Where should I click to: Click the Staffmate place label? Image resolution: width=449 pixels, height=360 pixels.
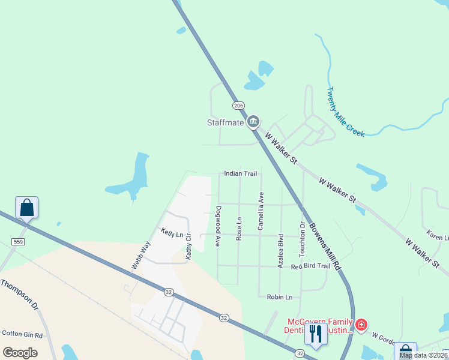point(225,122)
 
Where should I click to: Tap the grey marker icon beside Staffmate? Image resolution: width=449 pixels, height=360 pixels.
point(253,122)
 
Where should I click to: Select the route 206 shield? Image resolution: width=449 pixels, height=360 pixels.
point(239,106)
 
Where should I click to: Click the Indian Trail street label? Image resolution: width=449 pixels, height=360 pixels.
point(240,173)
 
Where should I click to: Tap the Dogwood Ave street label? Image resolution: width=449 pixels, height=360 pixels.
point(218,226)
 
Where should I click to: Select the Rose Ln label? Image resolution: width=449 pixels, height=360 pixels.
point(239,229)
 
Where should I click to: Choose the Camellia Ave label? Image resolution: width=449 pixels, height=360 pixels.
point(261,211)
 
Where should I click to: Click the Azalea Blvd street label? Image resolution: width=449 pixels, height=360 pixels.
point(280,250)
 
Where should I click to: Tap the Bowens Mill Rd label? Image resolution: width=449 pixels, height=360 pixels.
point(325,247)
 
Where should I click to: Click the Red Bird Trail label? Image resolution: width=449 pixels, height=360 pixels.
point(310,266)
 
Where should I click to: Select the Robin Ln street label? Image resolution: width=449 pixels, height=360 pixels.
point(279,296)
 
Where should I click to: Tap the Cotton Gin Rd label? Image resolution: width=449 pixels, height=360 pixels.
point(22,334)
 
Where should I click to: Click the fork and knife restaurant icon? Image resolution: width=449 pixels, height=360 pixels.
point(316,334)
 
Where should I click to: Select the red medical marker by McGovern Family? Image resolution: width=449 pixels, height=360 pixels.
point(361,325)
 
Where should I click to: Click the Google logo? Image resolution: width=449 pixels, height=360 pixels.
point(20,352)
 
